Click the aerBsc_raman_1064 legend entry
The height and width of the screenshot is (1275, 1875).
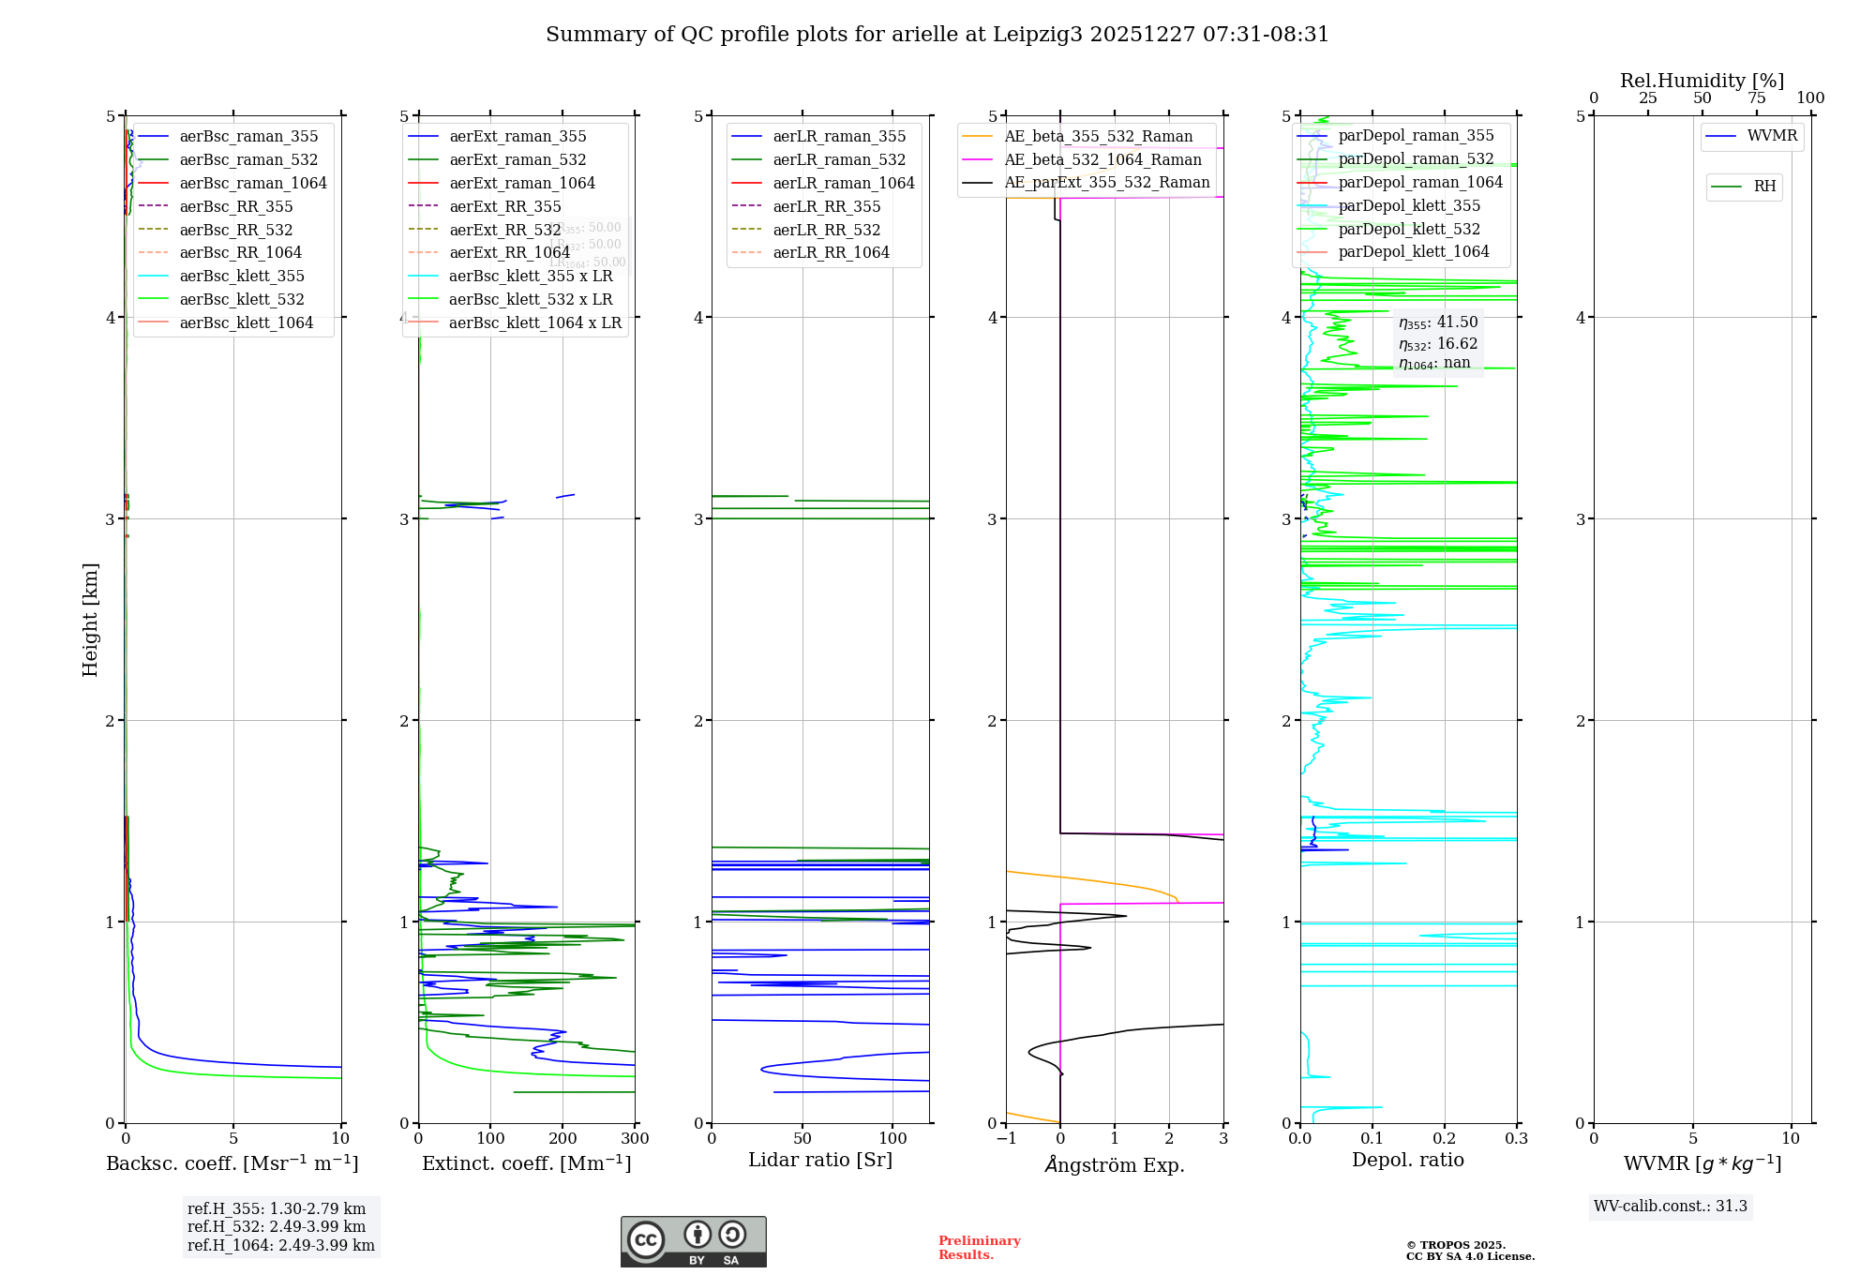(x=253, y=183)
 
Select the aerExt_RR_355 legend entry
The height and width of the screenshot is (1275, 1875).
(x=505, y=206)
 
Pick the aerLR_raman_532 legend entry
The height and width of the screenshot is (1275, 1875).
(x=839, y=159)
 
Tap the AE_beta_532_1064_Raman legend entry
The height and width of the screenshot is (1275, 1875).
(x=1102, y=159)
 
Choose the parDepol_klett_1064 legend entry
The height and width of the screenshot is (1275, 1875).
(x=1413, y=251)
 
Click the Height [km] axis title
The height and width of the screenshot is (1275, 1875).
(x=90, y=619)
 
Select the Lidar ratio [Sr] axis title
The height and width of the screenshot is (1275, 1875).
(x=820, y=1160)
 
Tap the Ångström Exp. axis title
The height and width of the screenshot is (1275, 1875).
(x=1115, y=1164)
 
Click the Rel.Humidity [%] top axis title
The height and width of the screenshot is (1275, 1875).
(x=1702, y=81)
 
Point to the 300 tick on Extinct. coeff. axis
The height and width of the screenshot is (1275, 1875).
(x=636, y=1138)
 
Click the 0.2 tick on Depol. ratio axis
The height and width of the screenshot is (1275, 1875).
(x=1445, y=1138)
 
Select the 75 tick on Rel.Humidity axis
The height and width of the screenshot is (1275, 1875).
(x=1756, y=97)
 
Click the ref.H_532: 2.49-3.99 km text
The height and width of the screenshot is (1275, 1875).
(x=277, y=1226)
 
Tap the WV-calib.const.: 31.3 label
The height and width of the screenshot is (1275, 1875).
(x=1670, y=1206)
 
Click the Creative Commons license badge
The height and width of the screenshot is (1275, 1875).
(x=693, y=1241)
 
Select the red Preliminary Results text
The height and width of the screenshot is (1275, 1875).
(x=979, y=1247)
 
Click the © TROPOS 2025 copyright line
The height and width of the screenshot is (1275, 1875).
(x=1456, y=1245)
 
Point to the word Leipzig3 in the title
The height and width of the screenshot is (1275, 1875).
(x=1038, y=35)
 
